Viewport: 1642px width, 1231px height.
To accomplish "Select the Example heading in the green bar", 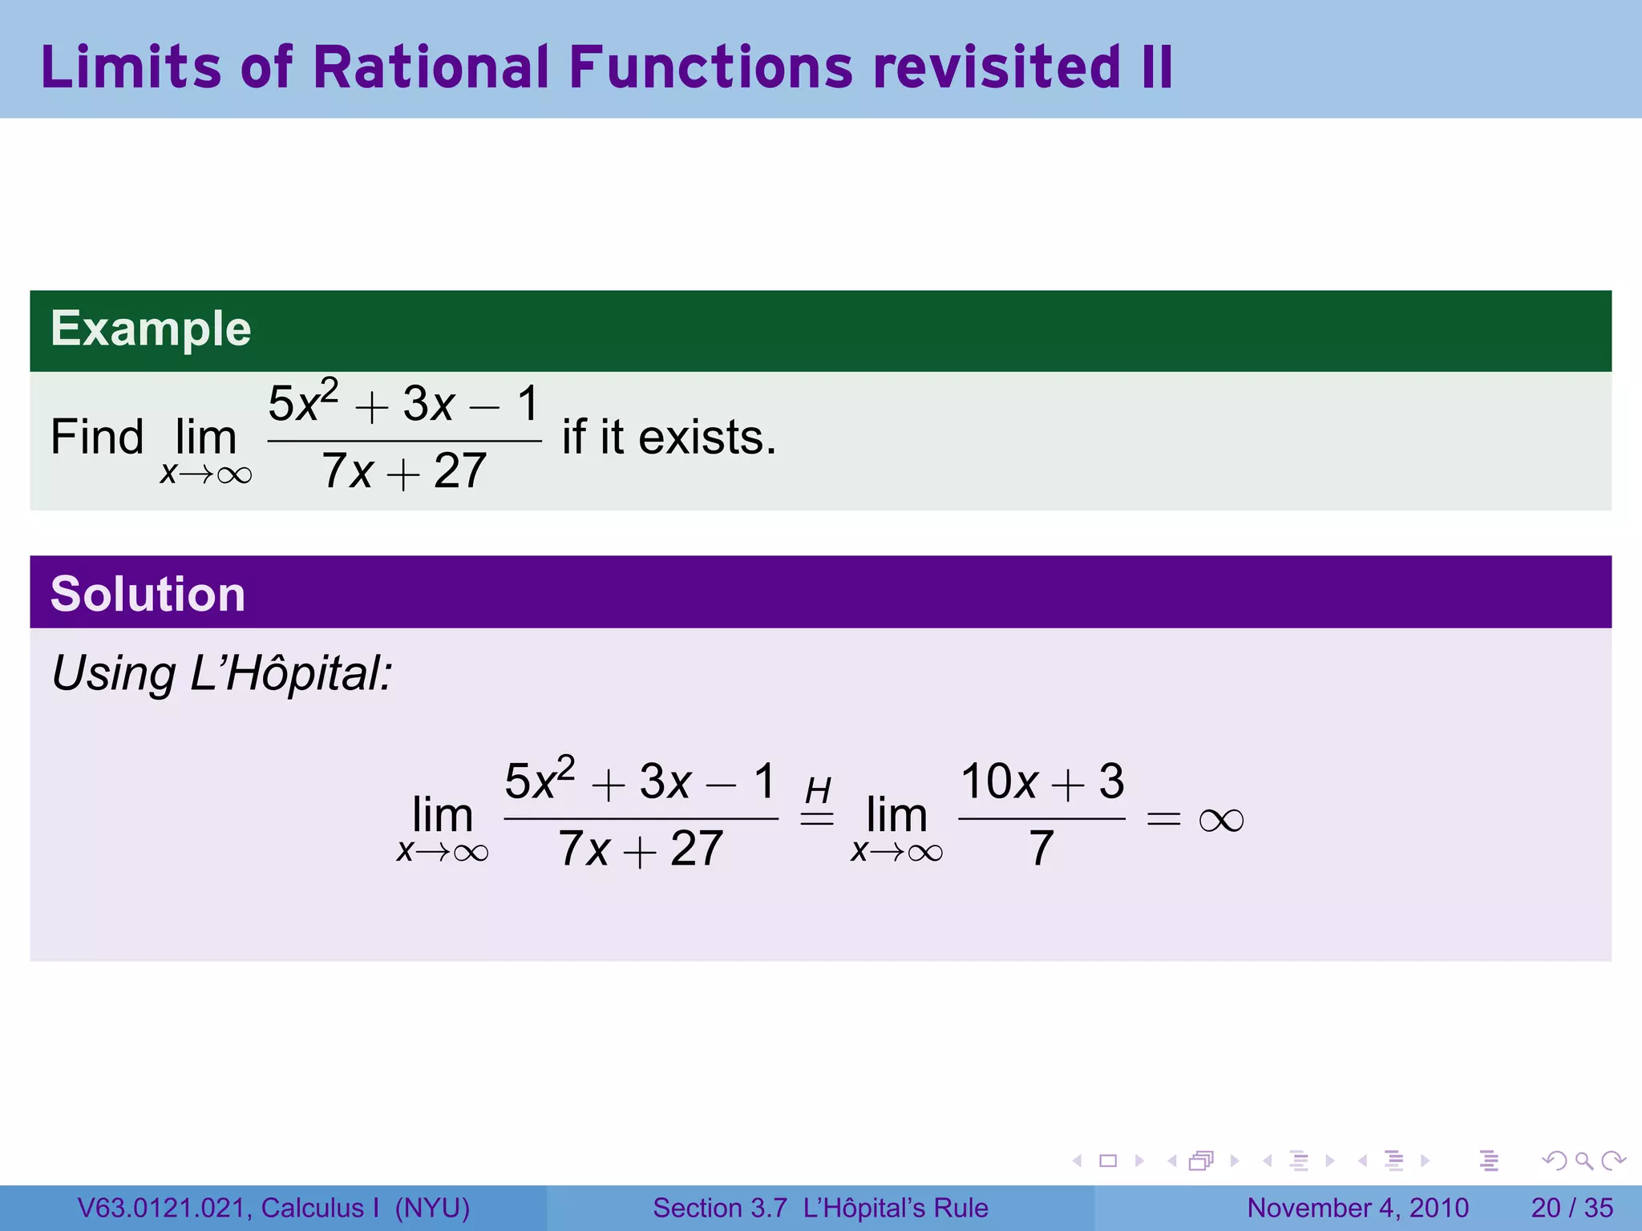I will pyautogui.click(x=151, y=329).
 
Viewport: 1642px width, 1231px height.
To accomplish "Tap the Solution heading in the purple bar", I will pyautogui.click(x=148, y=594).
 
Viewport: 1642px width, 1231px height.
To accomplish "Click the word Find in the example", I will pyautogui.click(x=97, y=438).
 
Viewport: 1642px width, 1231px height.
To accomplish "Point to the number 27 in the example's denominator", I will pyautogui.click(x=459, y=471).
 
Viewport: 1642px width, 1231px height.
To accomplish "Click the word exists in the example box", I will pyautogui.click(x=706, y=438).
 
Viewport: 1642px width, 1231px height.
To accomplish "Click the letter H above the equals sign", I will pyautogui.click(x=817, y=791).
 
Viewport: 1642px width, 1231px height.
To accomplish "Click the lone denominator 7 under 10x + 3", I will pyautogui.click(x=1041, y=849).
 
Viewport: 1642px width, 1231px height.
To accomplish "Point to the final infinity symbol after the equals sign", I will pyautogui.click(x=1221, y=820).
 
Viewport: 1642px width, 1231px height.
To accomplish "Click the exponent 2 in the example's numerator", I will pyautogui.click(x=330, y=389).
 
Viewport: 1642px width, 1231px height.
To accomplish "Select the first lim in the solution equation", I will pyautogui.click(x=442, y=815).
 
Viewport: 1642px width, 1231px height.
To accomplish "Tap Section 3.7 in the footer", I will pyautogui.click(x=719, y=1208).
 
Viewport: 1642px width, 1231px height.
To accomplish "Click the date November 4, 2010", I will pyautogui.click(x=1357, y=1208).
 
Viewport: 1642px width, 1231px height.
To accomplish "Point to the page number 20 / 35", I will pyautogui.click(x=1571, y=1208).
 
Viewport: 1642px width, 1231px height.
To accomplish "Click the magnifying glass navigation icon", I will pyautogui.click(x=1583, y=1160).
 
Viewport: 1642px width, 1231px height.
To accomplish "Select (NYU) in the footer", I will pyautogui.click(x=432, y=1208).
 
